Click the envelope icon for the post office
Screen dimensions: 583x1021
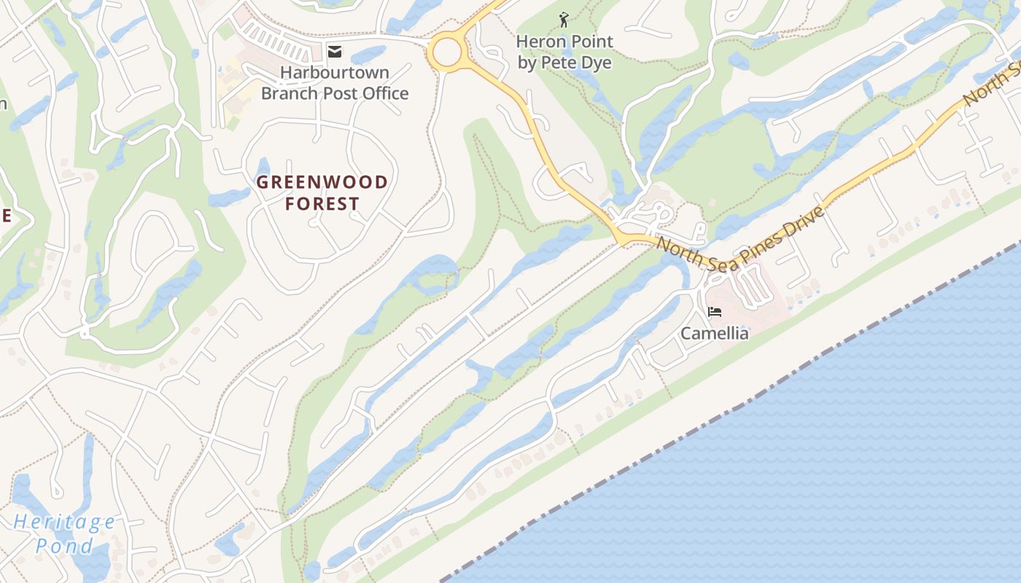335,51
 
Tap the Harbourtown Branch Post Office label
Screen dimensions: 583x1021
335,83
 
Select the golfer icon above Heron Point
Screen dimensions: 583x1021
564,20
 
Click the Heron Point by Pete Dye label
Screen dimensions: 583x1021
564,52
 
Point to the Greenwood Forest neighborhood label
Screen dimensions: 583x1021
322,192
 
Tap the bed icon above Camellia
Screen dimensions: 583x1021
715,312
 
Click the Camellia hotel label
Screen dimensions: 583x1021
715,333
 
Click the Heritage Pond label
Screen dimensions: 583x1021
64,533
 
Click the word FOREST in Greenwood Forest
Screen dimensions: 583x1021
322,203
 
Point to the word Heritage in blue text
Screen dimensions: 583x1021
64,522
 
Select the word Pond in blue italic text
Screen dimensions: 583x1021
64,546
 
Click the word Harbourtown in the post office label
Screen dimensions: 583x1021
335,72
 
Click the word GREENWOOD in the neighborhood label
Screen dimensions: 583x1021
322,181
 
